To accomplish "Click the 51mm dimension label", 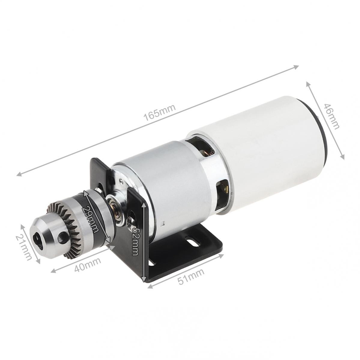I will [x=191, y=277].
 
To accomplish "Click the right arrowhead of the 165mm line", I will [x=297, y=67].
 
